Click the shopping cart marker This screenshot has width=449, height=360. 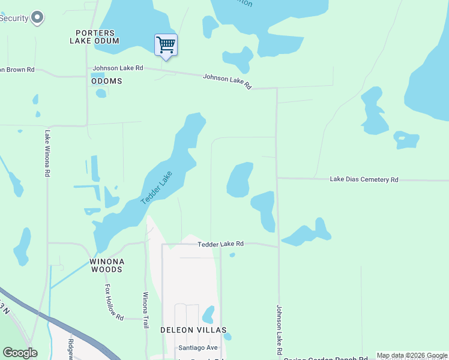point(166,45)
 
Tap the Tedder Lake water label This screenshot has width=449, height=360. point(157,187)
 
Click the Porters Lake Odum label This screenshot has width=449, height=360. point(94,37)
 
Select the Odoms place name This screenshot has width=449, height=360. point(106,81)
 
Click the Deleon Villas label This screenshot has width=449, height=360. point(193,331)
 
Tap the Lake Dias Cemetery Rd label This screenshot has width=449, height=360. point(364,179)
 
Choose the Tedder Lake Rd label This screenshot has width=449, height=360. point(221,244)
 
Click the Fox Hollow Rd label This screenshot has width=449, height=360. point(114,302)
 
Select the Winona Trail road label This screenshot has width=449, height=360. point(145,310)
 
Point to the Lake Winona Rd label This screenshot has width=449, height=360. point(47,153)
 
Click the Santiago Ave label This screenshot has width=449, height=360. point(197,348)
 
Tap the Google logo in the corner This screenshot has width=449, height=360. point(20,353)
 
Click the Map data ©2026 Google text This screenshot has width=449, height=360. point(412,355)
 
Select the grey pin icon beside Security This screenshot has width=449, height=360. point(38,17)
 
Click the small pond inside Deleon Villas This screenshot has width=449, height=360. point(208,314)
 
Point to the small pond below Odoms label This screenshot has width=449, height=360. point(101,93)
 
